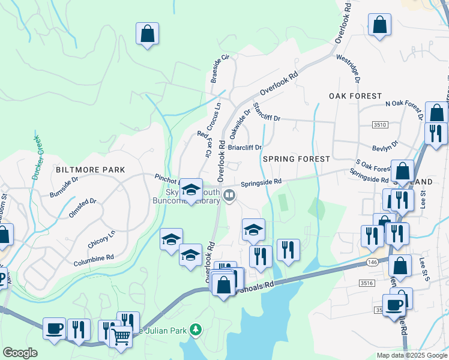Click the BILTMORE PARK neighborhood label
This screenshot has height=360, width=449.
click(91, 170)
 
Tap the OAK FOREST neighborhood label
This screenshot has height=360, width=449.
click(355, 96)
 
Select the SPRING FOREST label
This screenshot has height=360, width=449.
click(296, 159)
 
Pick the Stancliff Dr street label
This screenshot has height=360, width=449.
click(267, 113)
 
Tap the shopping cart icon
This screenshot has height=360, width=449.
click(121, 337)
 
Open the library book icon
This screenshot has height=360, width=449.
click(229, 195)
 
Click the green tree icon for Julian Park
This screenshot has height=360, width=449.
click(194, 329)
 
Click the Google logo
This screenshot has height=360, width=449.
click(20, 353)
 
